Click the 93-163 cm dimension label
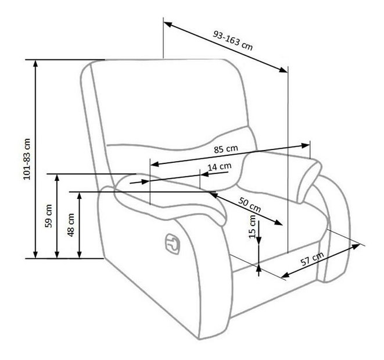232,41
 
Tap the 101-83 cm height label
27,159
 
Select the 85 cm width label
226,149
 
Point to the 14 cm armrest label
220,167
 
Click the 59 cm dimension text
49,216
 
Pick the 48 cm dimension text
71,224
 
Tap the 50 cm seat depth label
250,204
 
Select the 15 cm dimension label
252,227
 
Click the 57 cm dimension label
312,259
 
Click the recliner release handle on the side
172,244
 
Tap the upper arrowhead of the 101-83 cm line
35,64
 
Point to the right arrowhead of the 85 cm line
305,145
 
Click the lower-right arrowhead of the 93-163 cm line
283,70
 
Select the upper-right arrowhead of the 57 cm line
356,246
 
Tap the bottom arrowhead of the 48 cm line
79,254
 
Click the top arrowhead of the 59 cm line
57,178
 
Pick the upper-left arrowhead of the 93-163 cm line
168,24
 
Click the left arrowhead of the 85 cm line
155,164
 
